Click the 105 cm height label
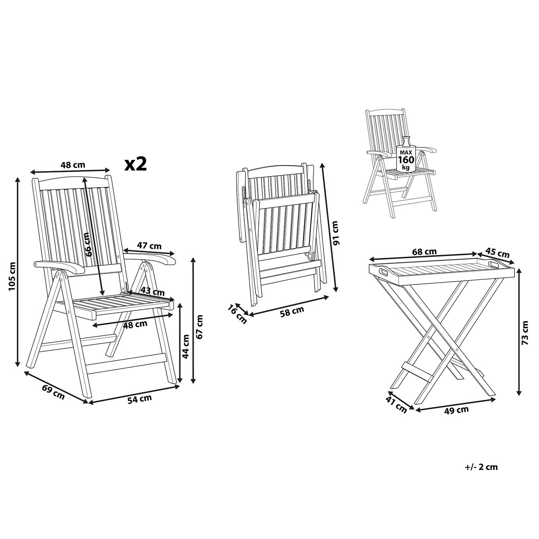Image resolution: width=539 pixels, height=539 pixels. point(12,276)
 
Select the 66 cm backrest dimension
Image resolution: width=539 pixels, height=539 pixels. point(88,245)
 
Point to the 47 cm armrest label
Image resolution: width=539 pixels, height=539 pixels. point(149,246)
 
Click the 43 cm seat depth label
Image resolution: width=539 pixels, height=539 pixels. point(152,292)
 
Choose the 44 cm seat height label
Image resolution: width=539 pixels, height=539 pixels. point(185,346)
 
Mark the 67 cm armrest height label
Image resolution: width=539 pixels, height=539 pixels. point(199,327)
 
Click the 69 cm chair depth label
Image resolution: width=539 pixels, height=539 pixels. point(53,392)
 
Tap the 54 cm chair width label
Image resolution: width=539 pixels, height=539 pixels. point(139,399)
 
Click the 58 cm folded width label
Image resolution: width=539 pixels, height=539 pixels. point(292,310)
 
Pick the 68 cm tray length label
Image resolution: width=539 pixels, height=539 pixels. point(424,252)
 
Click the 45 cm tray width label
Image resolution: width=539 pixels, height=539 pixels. point(497,252)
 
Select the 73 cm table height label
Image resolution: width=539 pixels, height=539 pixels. point(525,336)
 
